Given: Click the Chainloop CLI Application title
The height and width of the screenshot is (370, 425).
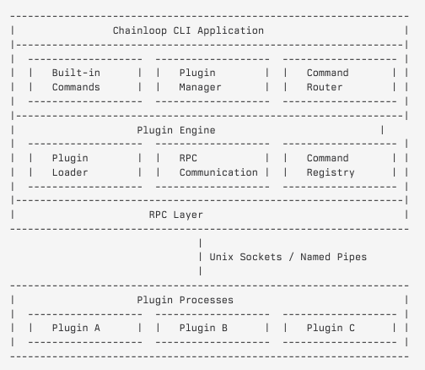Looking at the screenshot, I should tap(188, 30).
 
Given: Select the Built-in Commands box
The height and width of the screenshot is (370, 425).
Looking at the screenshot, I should tap(85, 80).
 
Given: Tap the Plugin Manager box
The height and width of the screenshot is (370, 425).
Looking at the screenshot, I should tap(212, 80).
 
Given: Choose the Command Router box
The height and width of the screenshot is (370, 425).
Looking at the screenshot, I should tap(340, 80).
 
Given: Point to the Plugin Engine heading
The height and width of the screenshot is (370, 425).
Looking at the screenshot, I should tap(175, 130).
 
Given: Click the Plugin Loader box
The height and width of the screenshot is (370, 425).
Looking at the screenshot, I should tap(85, 166).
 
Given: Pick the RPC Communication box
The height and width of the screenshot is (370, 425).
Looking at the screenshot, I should tap(212, 166).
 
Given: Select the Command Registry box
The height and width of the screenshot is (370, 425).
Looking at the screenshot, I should tap(340, 166).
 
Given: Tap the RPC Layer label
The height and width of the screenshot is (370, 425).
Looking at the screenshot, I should tap(175, 215).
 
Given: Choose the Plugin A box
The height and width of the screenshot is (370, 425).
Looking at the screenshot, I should tap(85, 328).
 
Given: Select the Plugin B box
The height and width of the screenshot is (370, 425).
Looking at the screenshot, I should tap(212, 328).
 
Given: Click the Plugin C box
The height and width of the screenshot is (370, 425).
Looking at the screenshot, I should tap(340, 328).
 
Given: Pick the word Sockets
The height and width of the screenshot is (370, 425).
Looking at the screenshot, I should tap(264, 257).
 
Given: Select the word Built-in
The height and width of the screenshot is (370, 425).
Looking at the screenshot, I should tap(76, 73).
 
